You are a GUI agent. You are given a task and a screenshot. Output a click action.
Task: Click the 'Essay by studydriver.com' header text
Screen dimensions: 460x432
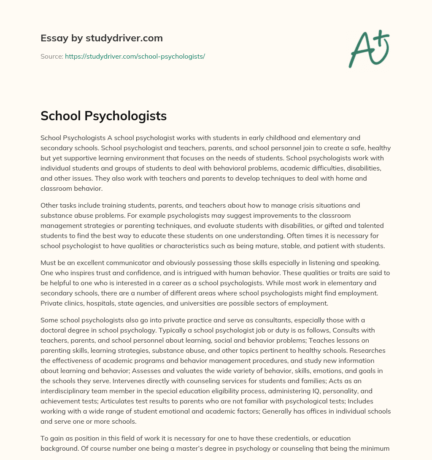[x=101, y=38]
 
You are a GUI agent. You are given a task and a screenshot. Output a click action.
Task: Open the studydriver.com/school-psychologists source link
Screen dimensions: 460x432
[x=135, y=56]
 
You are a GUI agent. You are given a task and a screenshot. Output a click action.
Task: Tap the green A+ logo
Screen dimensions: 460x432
[x=368, y=49]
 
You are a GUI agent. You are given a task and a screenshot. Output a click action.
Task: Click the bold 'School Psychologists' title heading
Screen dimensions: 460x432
[x=103, y=116]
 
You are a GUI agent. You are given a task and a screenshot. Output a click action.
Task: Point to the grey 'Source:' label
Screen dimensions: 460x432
[x=51, y=56]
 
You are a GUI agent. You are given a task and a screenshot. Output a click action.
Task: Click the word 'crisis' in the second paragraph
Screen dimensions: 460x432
[x=281, y=206]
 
